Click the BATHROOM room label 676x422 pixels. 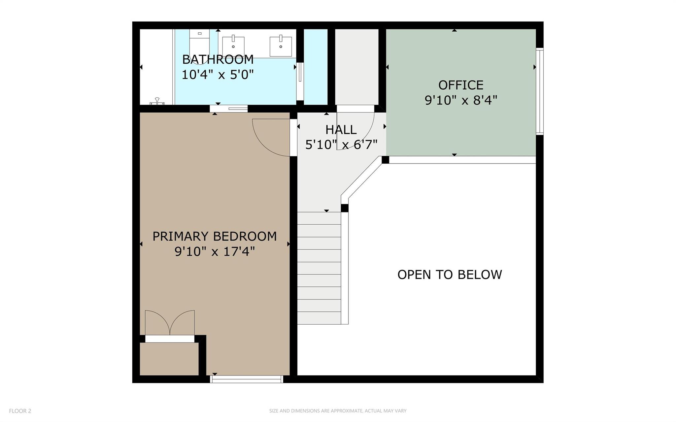click(218, 60)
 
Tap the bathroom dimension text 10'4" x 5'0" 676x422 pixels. click(218, 75)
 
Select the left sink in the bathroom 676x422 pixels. click(233, 46)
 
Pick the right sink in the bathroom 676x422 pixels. click(281, 46)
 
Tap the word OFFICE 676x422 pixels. click(461, 85)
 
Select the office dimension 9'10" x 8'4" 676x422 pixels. click(461, 100)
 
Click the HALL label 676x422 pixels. click(341, 130)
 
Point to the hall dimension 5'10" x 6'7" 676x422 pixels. click(341, 145)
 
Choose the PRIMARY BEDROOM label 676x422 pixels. click(215, 236)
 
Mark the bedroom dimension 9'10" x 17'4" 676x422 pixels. click(215, 252)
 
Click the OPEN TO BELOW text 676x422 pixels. click(450, 275)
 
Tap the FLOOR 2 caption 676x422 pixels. click(20, 411)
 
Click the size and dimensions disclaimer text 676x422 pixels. click(338, 411)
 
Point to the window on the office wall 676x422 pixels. click(539, 91)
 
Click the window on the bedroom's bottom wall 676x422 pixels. click(247, 379)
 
